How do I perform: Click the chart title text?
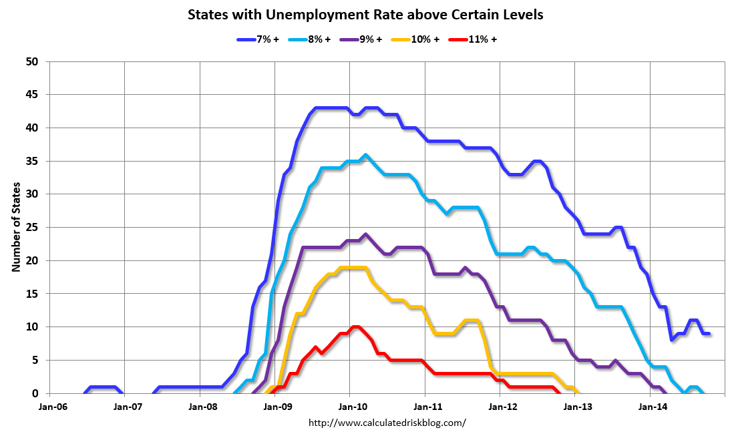click(x=365, y=14)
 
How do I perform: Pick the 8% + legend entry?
click(x=310, y=39)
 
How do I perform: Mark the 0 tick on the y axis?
click(x=37, y=393)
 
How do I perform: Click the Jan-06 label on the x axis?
click(x=49, y=406)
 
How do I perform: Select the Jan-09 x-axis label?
click(x=275, y=406)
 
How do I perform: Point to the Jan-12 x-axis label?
click(x=500, y=406)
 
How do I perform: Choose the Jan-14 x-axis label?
click(x=651, y=406)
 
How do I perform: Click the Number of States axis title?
click(x=15, y=227)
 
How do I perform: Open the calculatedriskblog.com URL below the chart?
click(x=387, y=423)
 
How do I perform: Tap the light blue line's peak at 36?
click(x=365, y=156)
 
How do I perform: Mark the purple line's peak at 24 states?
click(x=365, y=235)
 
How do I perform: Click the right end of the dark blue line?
click(x=708, y=334)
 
